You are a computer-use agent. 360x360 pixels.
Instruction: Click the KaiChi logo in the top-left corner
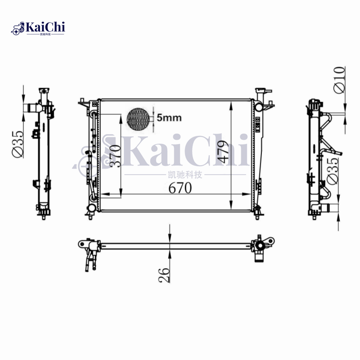pos(38,28)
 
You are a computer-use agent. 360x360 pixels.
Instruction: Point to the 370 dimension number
pos(115,156)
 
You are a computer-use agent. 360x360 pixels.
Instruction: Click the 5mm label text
pos(169,118)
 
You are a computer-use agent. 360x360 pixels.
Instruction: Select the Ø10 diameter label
pos(340,80)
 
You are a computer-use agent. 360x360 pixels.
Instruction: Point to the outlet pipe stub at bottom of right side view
pos(332,208)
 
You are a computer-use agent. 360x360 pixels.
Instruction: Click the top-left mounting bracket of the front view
pos(84,103)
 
